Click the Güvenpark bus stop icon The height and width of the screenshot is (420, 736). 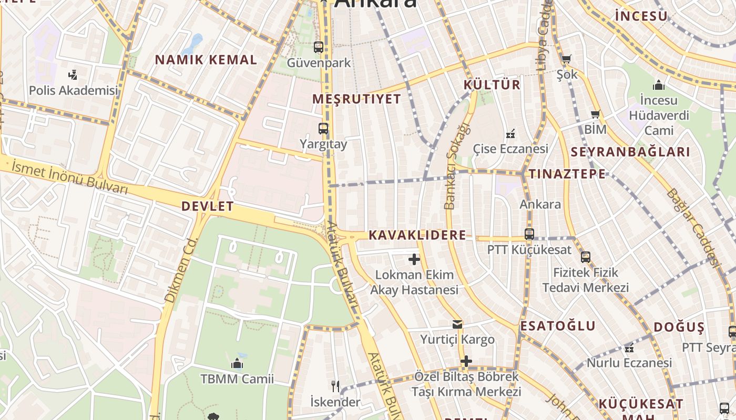(319, 47)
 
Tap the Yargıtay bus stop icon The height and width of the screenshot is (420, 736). (323, 128)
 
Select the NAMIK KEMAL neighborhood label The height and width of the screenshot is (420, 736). (206, 60)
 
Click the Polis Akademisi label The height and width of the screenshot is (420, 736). (73, 90)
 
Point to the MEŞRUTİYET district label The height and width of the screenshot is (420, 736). (356, 99)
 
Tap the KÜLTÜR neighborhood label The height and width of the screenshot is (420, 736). (492, 85)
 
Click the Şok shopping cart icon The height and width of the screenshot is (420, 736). (566, 59)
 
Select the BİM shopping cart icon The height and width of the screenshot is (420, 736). (595, 114)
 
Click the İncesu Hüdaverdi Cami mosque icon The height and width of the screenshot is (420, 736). (658, 85)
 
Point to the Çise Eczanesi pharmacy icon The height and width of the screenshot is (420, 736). (509, 134)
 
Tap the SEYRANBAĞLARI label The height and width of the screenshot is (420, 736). (630, 153)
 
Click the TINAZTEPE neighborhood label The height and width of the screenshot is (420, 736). (567, 174)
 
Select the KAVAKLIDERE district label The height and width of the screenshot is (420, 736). (417, 235)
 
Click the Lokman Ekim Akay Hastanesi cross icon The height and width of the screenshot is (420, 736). (414, 259)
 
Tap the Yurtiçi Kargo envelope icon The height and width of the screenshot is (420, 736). (457, 324)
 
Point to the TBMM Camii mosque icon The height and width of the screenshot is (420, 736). (237, 363)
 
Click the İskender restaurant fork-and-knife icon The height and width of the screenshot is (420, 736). (335, 387)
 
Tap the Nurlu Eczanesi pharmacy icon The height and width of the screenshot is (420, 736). (629, 348)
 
